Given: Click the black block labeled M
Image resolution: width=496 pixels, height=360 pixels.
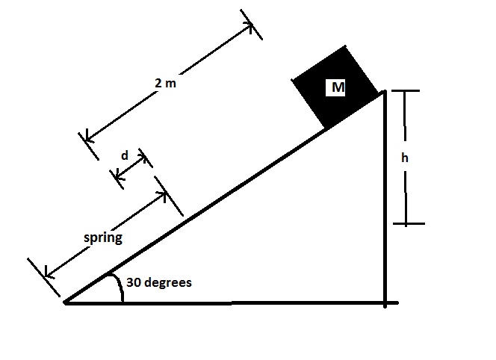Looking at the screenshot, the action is click(335, 87).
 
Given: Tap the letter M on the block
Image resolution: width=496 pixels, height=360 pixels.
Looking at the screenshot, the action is click(338, 87).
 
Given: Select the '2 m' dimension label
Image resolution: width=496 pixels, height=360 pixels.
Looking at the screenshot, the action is click(165, 83).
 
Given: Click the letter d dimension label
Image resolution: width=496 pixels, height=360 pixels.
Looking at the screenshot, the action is click(125, 155).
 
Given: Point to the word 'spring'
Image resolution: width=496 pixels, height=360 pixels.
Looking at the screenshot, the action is click(103, 238).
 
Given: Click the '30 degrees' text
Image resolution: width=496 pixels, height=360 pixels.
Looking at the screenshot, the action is click(159, 282).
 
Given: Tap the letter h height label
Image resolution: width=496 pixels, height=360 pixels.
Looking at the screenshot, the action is click(405, 158).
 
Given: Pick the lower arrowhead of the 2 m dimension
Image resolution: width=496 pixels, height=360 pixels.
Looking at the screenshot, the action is click(88, 137).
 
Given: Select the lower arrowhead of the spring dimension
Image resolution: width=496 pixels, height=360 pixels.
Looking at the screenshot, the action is click(48, 274).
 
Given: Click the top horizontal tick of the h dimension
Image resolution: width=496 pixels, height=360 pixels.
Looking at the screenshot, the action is click(405, 91).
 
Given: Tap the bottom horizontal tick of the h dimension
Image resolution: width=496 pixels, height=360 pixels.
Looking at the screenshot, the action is click(409, 223).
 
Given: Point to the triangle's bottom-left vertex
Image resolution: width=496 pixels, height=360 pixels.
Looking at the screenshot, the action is click(66, 302).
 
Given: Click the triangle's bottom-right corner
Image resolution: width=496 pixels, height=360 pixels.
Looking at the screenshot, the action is click(385, 303).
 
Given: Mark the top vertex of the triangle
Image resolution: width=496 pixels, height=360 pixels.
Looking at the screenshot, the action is click(385, 92).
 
